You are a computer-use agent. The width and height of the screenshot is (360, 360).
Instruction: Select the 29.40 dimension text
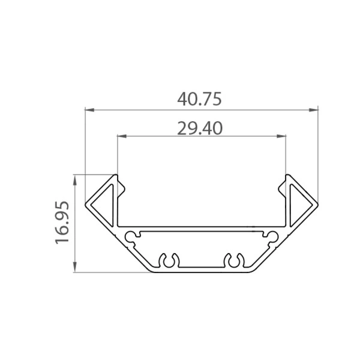point(200,127)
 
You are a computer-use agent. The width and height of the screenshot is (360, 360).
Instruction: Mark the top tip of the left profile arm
point(114,175)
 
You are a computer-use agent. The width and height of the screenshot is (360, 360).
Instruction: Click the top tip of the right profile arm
point(287,175)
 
